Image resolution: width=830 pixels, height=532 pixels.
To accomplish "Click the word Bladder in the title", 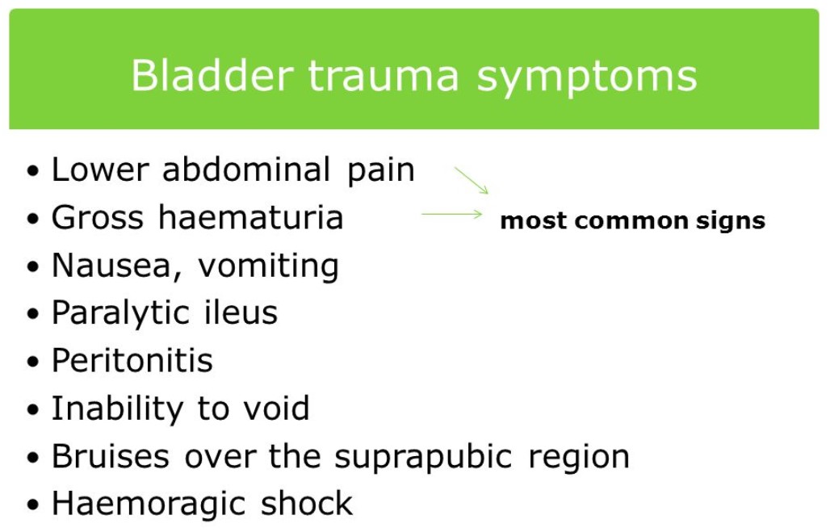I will (x=212, y=76).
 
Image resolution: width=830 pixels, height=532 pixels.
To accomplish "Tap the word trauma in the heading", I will (x=384, y=76).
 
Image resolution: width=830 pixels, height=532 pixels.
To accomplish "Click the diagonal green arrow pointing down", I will (x=472, y=181).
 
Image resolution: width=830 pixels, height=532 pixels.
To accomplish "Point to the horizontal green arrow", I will (x=451, y=215).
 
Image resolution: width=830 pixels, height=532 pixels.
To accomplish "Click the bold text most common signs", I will (x=632, y=220).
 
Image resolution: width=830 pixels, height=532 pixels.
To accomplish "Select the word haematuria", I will (x=250, y=217).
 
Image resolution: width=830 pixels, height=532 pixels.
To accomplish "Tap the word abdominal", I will (x=246, y=170).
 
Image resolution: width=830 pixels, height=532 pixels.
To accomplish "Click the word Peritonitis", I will (x=132, y=360).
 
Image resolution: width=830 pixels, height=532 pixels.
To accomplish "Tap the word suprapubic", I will (x=423, y=458).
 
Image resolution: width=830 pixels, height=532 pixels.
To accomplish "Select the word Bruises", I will (x=111, y=456).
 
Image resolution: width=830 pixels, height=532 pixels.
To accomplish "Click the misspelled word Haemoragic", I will (x=149, y=504).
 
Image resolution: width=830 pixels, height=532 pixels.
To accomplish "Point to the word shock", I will (x=307, y=503).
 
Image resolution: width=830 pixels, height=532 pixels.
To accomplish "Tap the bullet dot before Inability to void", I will (x=32, y=410).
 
